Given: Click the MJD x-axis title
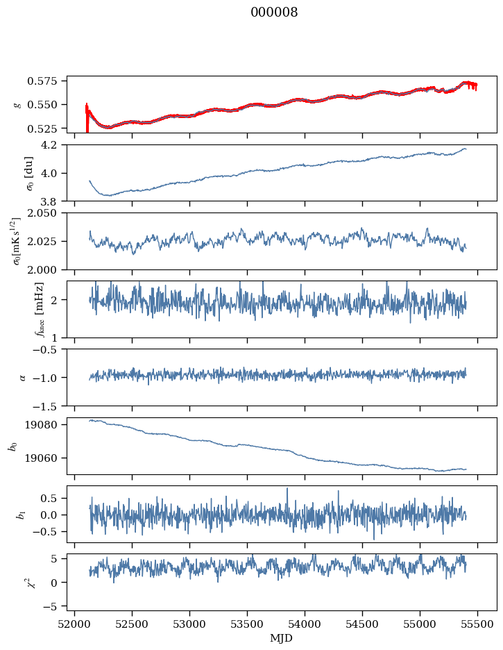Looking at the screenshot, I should coord(281,637).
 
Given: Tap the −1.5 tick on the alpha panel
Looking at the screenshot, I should coord(51,405).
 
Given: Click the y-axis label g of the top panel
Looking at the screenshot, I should coord(18,104).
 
